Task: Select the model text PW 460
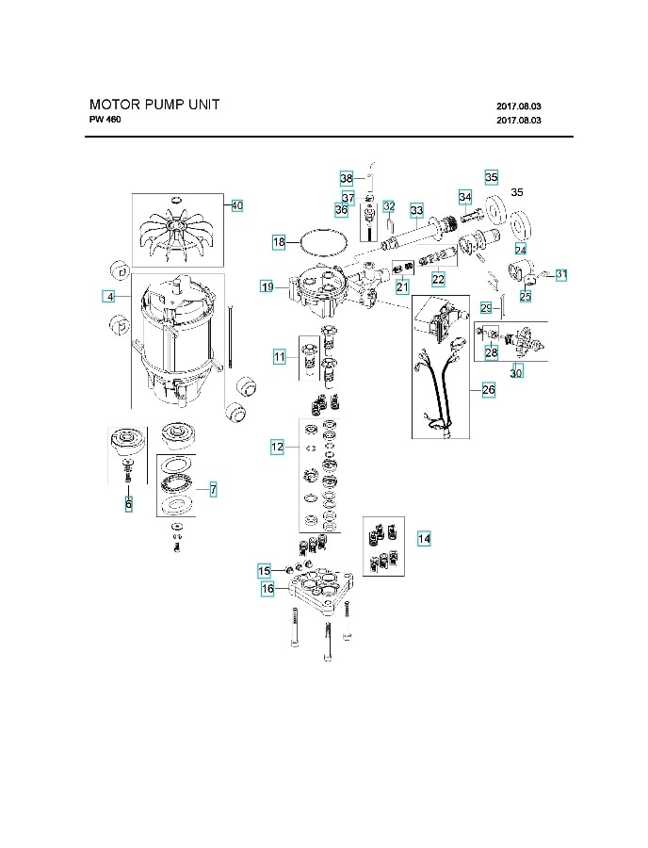[105, 121]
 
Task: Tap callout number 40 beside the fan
[236, 205]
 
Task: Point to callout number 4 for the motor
[110, 297]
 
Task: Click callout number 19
[267, 285]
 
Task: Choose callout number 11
[279, 356]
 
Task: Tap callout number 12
[277, 448]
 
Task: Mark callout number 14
[424, 538]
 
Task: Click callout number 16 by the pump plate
[267, 589]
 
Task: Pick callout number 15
[265, 571]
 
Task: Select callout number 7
[213, 489]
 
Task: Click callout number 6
[129, 504]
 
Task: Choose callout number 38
[346, 178]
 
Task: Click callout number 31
[561, 274]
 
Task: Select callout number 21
[402, 286]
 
